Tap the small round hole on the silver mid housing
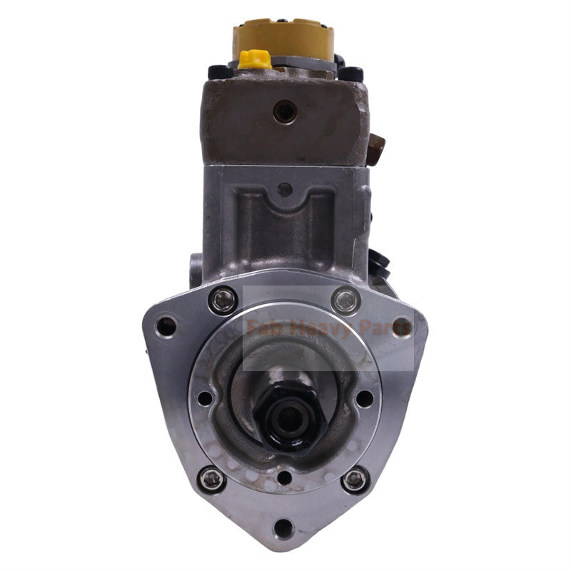[x=285, y=190]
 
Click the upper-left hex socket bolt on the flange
[x=222, y=299]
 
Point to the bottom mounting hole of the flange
[x=284, y=529]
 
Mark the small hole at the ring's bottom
[x=284, y=477]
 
